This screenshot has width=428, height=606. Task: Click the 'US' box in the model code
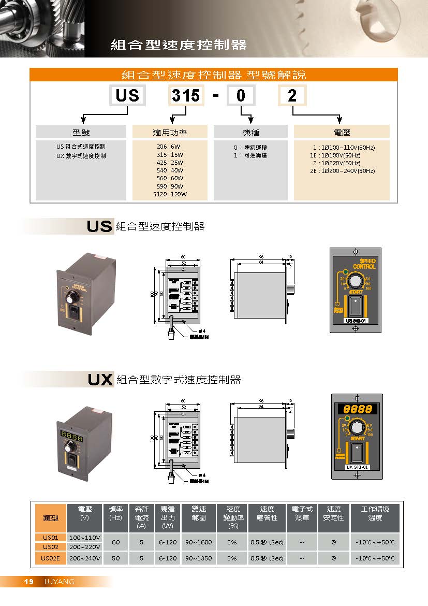[127, 96]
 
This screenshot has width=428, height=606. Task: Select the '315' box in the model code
[186, 96]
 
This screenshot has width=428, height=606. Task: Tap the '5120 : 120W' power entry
[170, 194]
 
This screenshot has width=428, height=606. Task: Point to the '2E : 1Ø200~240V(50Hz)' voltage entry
[342, 171]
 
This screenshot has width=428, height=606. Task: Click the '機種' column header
[250, 132]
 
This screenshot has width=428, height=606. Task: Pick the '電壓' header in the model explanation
[342, 132]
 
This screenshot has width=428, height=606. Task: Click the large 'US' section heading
[100, 226]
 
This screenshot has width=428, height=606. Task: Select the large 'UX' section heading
[100, 380]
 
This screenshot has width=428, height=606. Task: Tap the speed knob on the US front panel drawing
[355, 281]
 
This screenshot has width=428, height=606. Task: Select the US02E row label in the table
[51, 558]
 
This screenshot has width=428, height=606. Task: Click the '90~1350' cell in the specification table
[198, 558]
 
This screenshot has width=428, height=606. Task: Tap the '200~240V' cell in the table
[84, 558]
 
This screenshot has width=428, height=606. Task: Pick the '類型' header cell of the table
[51, 518]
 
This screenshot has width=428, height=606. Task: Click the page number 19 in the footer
[29, 582]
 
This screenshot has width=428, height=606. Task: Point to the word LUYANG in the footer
[59, 582]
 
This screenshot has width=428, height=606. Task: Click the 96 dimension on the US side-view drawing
[262, 256]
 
